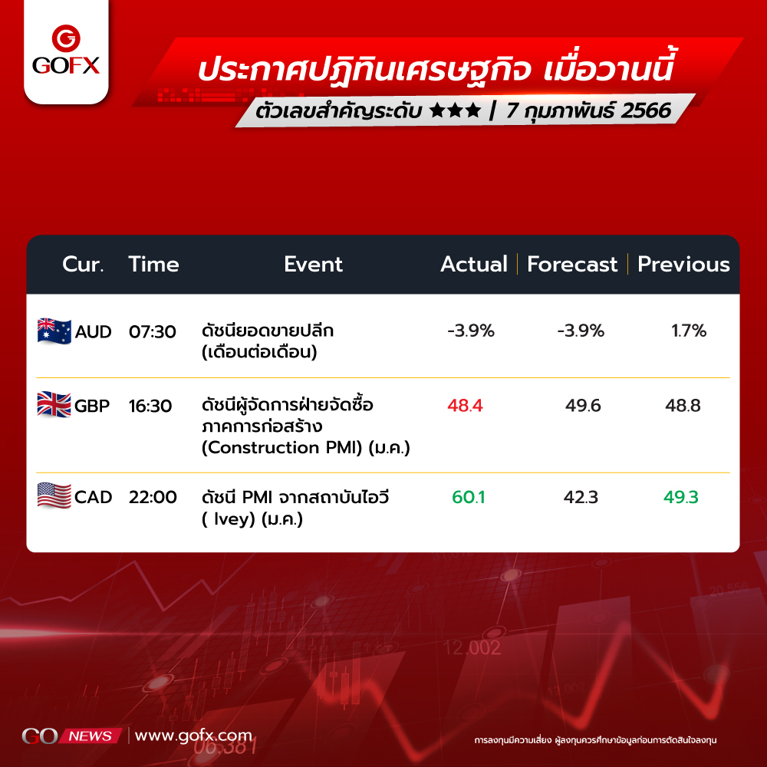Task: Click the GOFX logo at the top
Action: pos(66,50)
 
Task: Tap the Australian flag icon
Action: pos(54,331)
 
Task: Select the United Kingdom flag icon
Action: pos(54,404)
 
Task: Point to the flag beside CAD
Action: pos(54,495)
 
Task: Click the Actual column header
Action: pos(473,264)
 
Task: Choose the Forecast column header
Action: pos(572,264)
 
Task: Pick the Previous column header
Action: pos(683,264)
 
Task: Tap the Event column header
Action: pos(313,264)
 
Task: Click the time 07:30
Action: pos(152,331)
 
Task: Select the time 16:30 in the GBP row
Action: pos(150,406)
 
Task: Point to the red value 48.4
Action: pos(465,406)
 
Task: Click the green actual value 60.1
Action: pos(468,497)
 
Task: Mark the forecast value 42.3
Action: pos(581,497)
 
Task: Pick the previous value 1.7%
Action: pos(689,331)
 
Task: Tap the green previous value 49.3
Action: pos(680,497)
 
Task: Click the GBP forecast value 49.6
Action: pos(583,406)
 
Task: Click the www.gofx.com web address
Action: pos(194,736)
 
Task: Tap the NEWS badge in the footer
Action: pos(91,736)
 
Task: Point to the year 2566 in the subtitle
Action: pos(646,110)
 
